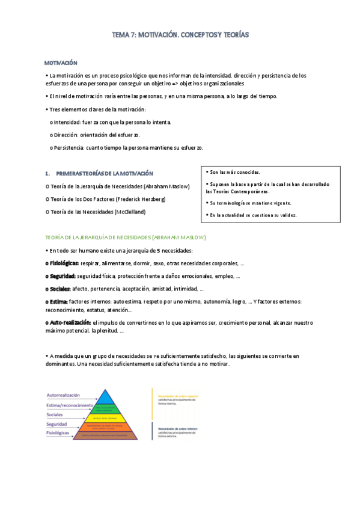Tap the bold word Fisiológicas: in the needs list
[x=62, y=263]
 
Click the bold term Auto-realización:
[x=67, y=323]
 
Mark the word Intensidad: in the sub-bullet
[x=69, y=123]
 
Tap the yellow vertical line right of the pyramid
[x=151, y=402]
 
